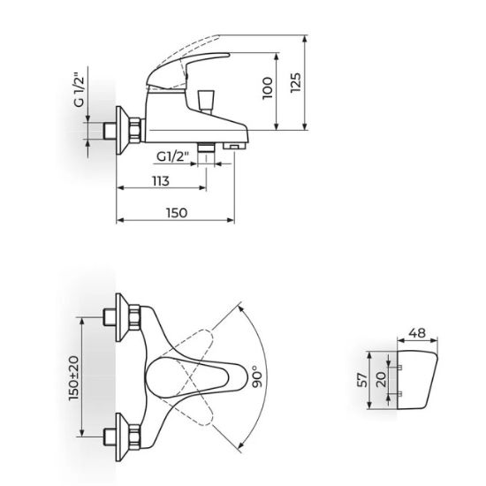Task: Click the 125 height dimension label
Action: [296, 82]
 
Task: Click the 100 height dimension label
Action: [268, 88]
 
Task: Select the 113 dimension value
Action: [161, 181]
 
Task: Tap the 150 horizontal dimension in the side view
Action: [177, 213]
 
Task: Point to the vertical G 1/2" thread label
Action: [80, 90]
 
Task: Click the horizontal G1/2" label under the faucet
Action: [172, 156]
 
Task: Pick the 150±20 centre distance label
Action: [73, 378]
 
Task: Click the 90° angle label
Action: [257, 376]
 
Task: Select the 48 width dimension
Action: [417, 333]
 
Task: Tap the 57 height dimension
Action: [362, 380]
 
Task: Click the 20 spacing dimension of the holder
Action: [381, 379]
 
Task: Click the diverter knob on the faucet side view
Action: [206, 101]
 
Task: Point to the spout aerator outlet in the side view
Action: [235, 145]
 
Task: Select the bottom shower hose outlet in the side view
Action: [206, 148]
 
